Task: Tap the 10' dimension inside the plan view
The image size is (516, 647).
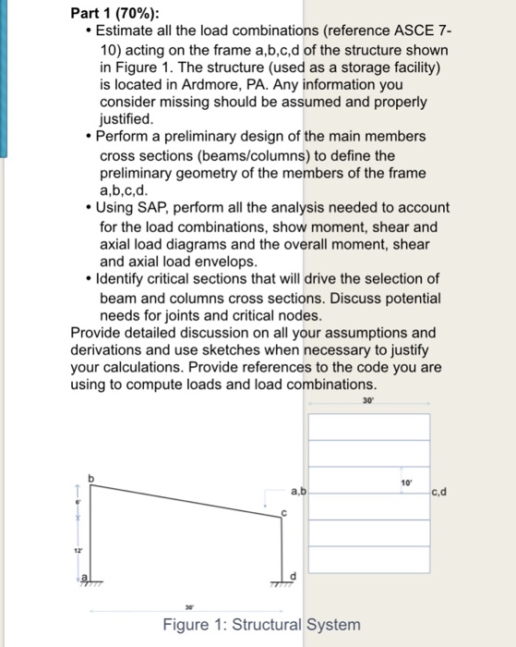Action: (x=406, y=482)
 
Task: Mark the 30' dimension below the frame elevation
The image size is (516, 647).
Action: (x=187, y=607)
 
